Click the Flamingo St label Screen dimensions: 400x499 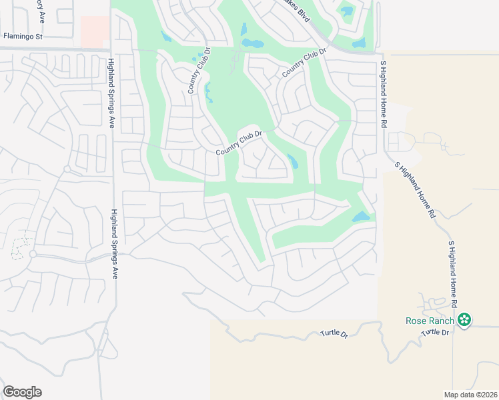pos(23,36)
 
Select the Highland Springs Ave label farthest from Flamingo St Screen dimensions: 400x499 pos(114,244)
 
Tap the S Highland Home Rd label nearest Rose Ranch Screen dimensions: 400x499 pos(453,273)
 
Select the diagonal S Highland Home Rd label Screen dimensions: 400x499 pos(414,191)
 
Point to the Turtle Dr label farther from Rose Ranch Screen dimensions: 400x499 pos(334,333)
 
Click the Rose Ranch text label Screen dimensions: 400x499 pos(430,321)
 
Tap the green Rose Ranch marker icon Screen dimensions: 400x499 pos(465,321)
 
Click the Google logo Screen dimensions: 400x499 pos(22,392)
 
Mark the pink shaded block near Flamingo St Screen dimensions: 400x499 pos(94,31)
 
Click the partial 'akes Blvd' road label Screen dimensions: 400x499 pos(298,12)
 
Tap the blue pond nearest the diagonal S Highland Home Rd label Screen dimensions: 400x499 pos(360,217)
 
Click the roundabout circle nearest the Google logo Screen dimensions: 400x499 pos(32,254)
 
